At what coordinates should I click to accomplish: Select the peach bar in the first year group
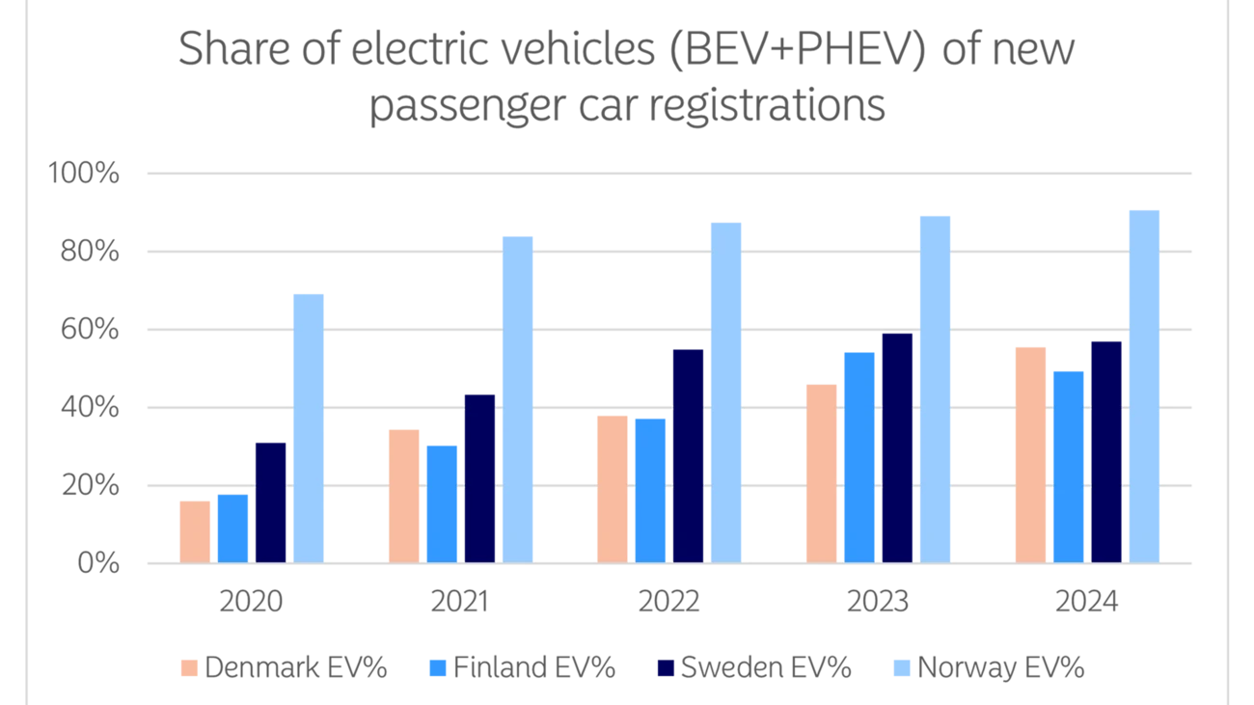[x=195, y=529]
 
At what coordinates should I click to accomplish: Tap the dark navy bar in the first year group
[x=271, y=501]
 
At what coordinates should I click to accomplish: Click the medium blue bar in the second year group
[x=442, y=502]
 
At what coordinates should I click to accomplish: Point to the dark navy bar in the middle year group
[x=689, y=453]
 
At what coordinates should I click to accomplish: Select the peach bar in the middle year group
[x=612, y=487]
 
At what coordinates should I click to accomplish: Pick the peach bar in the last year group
[x=1030, y=452]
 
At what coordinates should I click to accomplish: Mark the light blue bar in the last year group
[x=1146, y=385]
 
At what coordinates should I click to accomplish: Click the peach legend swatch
[x=189, y=666]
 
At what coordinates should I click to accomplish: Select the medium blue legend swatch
[x=436, y=666]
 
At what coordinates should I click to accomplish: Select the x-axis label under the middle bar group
[x=668, y=605]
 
